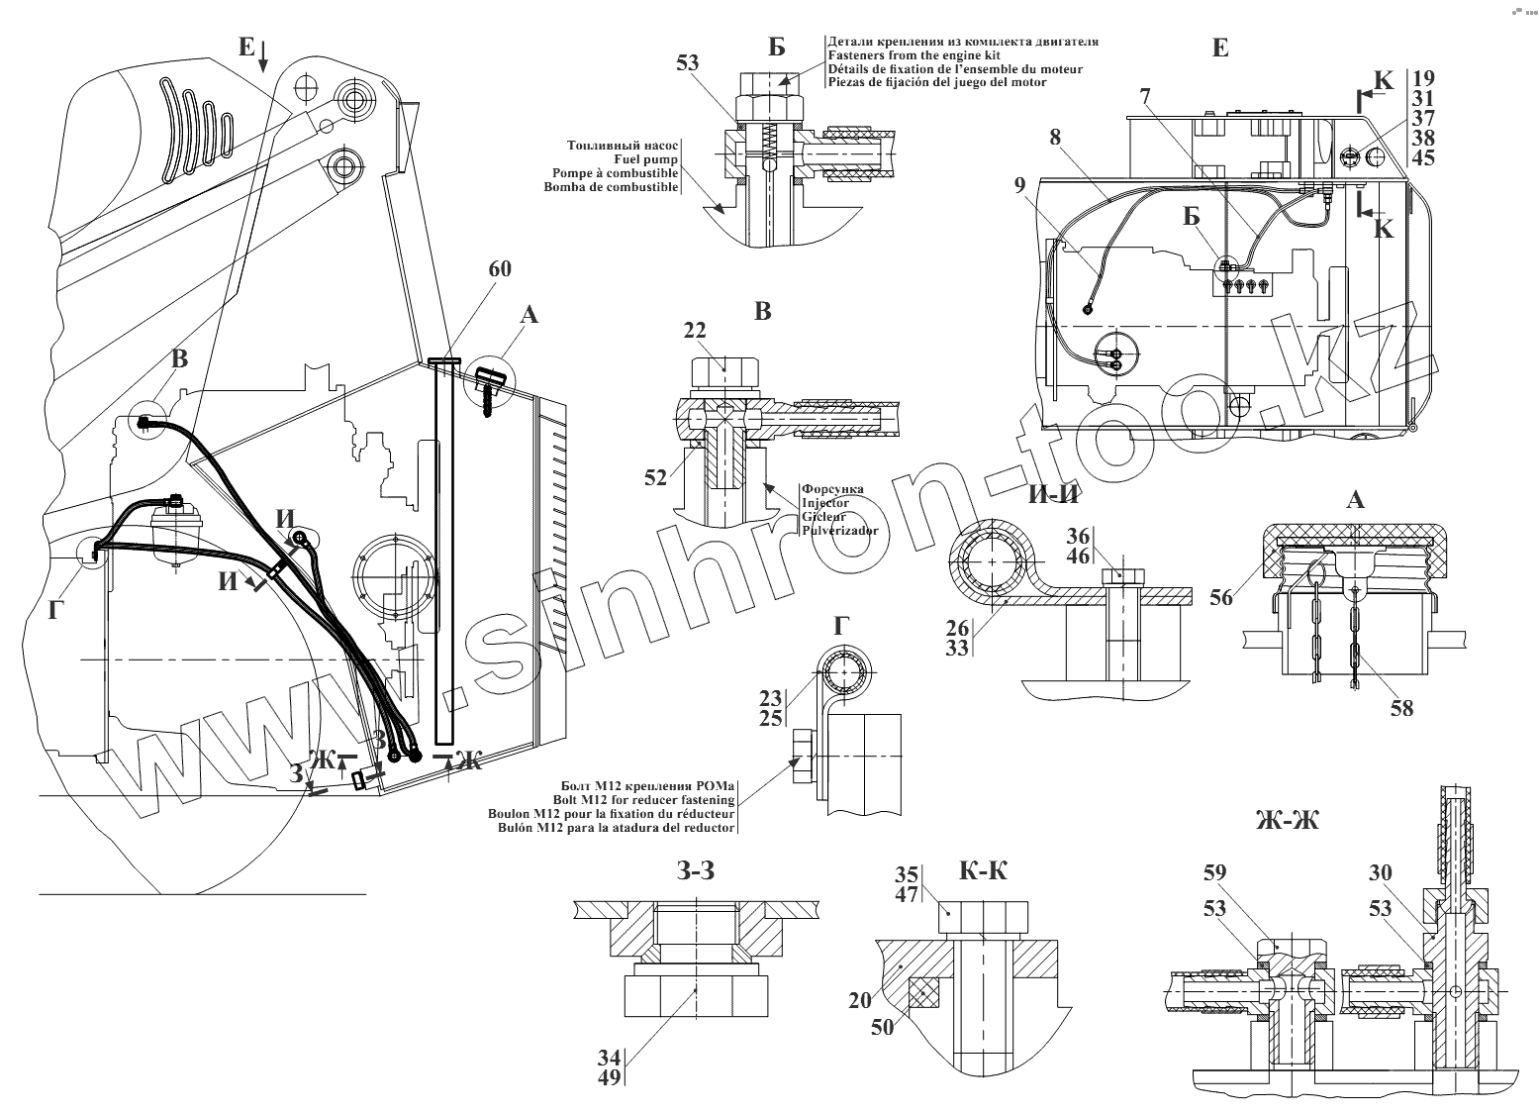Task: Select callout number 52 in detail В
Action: (656, 477)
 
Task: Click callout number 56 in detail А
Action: (1222, 596)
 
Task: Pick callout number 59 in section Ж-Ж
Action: (1214, 872)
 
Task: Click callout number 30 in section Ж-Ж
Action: (1380, 872)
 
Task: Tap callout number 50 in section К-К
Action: (881, 1027)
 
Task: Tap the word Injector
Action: (825, 503)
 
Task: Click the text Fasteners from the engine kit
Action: (912, 55)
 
